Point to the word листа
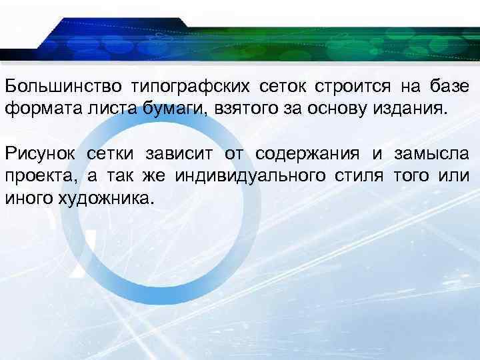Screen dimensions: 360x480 click(109, 109)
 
